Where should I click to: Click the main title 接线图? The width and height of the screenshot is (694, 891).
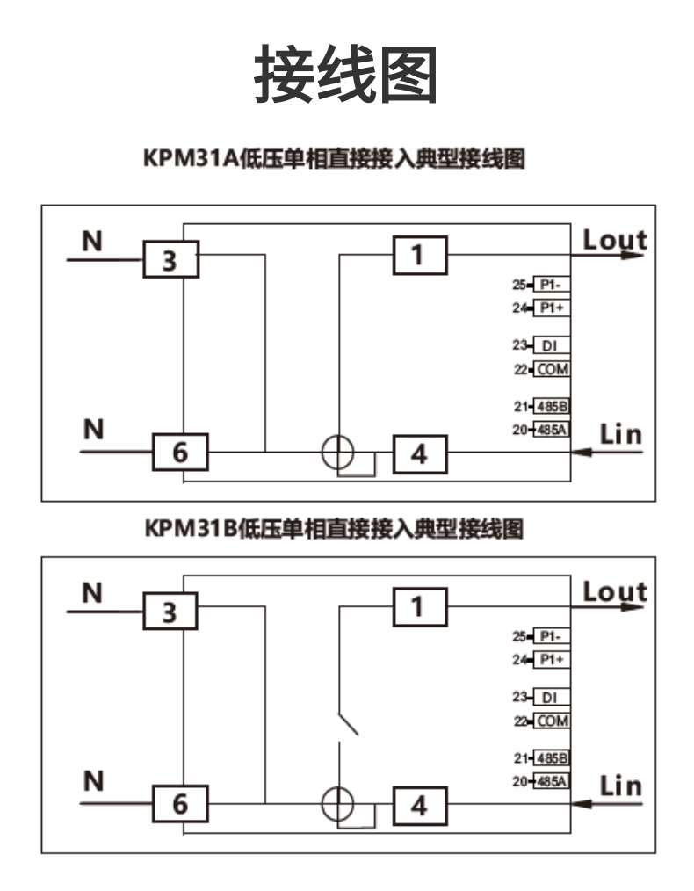click(x=346, y=75)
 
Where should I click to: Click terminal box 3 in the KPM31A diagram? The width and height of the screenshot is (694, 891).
click(x=170, y=260)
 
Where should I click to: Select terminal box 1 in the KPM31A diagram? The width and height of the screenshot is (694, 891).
click(x=419, y=255)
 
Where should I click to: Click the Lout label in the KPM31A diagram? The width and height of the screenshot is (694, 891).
click(x=615, y=239)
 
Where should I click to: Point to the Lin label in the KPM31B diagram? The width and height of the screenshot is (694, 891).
click(x=620, y=785)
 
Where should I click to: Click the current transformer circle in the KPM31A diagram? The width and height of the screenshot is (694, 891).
click(x=337, y=453)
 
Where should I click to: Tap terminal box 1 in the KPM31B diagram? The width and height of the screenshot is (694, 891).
click(x=419, y=606)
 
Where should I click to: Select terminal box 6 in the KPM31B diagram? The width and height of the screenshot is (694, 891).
click(x=180, y=803)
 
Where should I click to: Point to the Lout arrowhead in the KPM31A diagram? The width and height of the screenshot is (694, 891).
click(x=634, y=255)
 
